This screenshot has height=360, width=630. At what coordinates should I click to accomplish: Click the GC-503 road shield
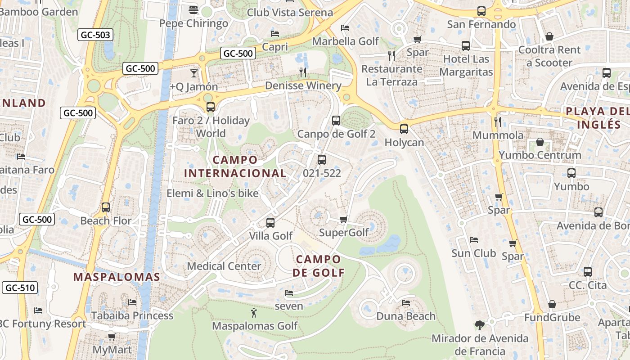point(95,35)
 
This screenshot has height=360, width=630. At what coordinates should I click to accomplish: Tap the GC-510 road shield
point(20,288)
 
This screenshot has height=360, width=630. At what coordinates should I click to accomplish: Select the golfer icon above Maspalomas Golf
point(254,312)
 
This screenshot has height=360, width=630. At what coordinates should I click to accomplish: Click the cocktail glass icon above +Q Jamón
point(194,73)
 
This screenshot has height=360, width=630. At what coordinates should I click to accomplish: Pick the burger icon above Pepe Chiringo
point(193,10)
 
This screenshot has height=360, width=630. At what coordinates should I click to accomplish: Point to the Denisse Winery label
point(303,85)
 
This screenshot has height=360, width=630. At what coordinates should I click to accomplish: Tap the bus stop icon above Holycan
point(404,129)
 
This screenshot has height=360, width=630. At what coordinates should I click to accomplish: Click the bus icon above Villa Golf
point(270,222)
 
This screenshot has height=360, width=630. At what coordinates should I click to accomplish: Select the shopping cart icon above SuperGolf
point(344,219)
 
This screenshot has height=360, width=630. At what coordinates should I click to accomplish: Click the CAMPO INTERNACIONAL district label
point(235,166)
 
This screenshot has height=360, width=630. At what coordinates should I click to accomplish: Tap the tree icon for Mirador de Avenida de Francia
point(479,325)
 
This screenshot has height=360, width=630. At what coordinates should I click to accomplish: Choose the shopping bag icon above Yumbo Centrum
point(540,142)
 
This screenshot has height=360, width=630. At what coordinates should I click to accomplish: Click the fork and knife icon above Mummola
point(498,121)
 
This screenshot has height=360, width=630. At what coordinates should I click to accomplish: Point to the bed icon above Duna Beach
point(406,302)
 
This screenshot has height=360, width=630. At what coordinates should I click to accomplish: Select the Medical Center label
point(224,266)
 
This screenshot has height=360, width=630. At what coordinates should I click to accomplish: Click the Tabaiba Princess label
point(132,315)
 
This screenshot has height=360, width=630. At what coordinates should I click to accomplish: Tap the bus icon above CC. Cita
point(588,272)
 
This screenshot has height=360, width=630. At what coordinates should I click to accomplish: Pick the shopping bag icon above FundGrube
point(552,304)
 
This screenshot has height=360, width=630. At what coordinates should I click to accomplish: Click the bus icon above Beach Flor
point(106,207)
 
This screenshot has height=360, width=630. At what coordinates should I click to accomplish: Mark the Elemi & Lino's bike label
point(212,193)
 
